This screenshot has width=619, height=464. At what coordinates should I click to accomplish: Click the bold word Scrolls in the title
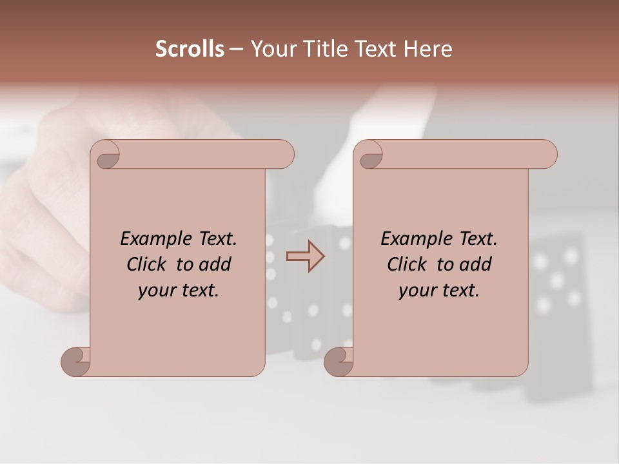click(x=190, y=49)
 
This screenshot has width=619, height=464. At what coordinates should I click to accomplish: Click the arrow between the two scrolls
click(x=305, y=256)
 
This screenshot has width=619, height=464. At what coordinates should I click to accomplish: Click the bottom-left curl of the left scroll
click(x=76, y=362)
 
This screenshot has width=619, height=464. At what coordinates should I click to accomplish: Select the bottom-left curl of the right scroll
click(x=339, y=362)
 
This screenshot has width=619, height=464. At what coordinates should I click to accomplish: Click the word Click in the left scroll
click(x=148, y=264)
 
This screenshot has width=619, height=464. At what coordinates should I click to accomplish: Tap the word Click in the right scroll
click(x=408, y=264)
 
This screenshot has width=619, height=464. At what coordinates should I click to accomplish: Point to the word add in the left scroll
click(x=217, y=264)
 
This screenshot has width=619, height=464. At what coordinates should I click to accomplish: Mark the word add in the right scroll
click(x=477, y=264)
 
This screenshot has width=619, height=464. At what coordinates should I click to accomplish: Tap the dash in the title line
click(x=236, y=49)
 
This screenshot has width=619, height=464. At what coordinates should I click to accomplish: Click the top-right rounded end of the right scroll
click(x=545, y=155)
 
